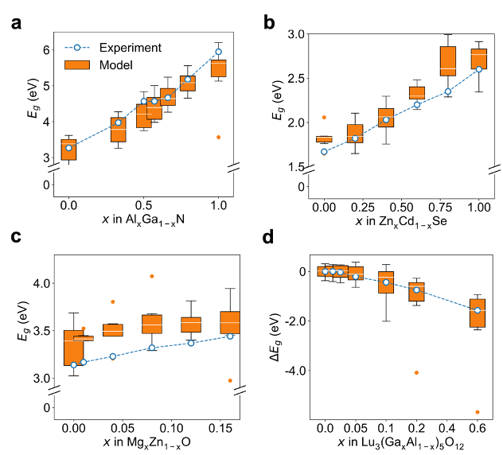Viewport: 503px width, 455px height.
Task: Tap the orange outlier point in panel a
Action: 218,137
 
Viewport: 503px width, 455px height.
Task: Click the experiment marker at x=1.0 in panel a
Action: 218,52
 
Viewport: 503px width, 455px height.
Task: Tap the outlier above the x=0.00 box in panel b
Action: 324,118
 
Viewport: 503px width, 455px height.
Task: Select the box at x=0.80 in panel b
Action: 448,60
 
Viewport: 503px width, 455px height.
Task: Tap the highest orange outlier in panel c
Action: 152,276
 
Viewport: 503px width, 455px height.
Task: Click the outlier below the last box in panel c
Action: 230,380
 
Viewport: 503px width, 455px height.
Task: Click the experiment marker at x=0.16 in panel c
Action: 230,336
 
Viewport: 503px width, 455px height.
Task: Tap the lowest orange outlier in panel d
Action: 478,412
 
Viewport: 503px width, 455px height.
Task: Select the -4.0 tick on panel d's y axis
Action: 292,371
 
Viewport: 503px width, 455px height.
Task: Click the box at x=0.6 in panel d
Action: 478,313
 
